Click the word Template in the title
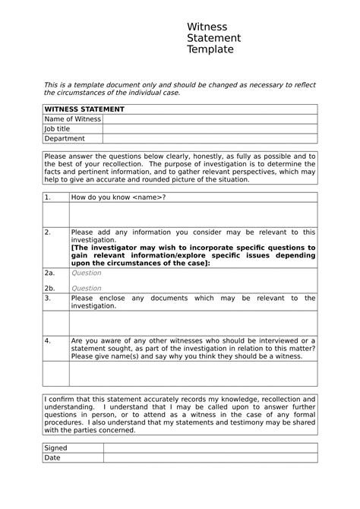click(210, 49)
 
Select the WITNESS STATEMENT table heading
click(84, 109)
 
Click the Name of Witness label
click(72, 119)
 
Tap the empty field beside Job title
click(210, 129)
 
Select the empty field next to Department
click(210, 139)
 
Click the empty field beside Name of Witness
click(210, 119)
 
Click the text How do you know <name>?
click(118, 198)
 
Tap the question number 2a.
click(50, 273)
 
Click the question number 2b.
click(50, 289)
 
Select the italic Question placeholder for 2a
click(86, 273)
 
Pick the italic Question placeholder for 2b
click(86, 289)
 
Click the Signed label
click(56, 448)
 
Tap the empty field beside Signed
click(210, 448)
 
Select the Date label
click(52, 458)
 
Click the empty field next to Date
click(210, 458)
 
